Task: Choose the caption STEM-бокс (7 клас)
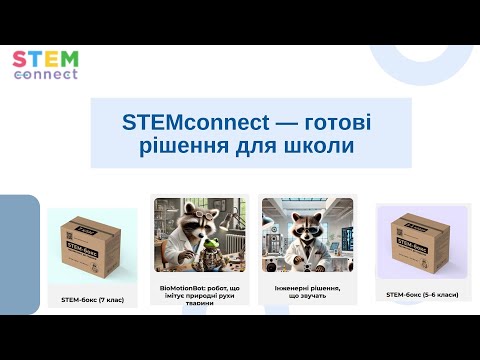[92, 299]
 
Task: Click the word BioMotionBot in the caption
[179, 287]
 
